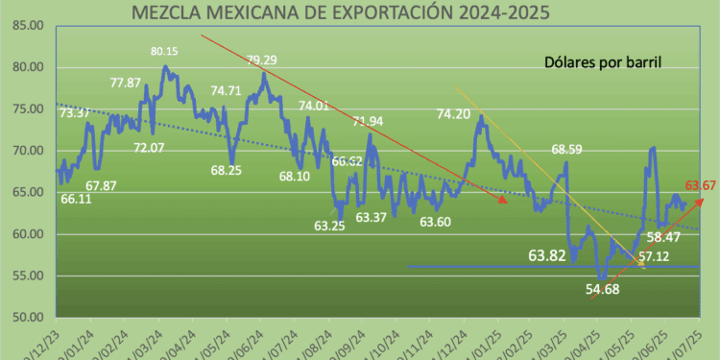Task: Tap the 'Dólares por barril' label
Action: tap(600, 62)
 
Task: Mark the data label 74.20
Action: tap(453, 113)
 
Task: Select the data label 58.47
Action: tap(665, 236)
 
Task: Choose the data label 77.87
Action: tap(126, 83)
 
